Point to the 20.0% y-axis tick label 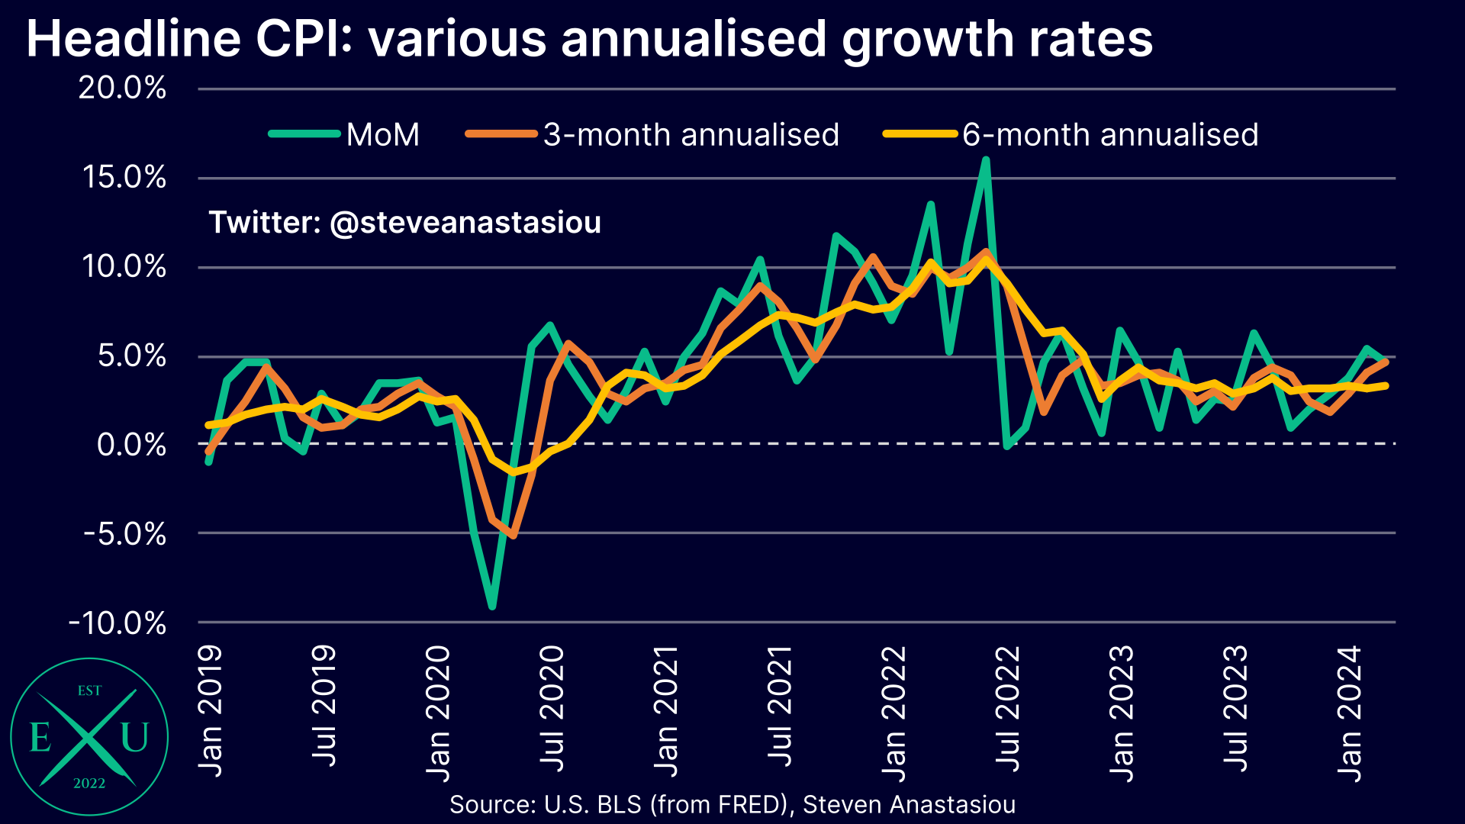coord(122,89)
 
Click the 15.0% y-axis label coord(124,178)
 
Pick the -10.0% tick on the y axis coord(118,623)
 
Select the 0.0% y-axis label coord(131,445)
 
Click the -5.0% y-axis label coord(124,534)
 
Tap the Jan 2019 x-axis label coord(211,711)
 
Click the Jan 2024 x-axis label coord(1350,713)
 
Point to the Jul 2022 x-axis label coord(1008,710)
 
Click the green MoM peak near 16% coord(986,160)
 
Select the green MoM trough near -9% coord(492,607)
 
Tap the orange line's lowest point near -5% coord(513,536)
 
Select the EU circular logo coord(89,737)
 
